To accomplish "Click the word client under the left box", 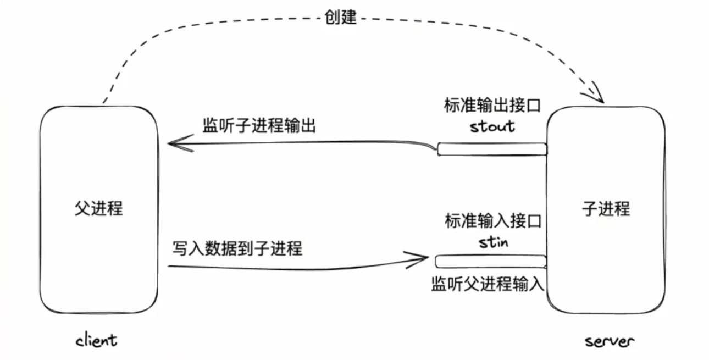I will click(96, 340).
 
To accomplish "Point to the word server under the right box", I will click(609, 341).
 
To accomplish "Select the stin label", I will click(493, 242).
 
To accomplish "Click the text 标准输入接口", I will click(493, 221).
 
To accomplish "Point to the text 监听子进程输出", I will click(259, 126).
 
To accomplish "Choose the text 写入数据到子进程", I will click(237, 248).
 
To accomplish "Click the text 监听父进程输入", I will click(488, 284).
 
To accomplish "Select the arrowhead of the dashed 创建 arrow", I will click(599, 97).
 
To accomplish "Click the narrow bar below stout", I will click(492, 149).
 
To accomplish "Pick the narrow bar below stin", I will click(490, 262).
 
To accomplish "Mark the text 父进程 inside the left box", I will click(99, 209).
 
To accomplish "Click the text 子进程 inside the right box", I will click(606, 209).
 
